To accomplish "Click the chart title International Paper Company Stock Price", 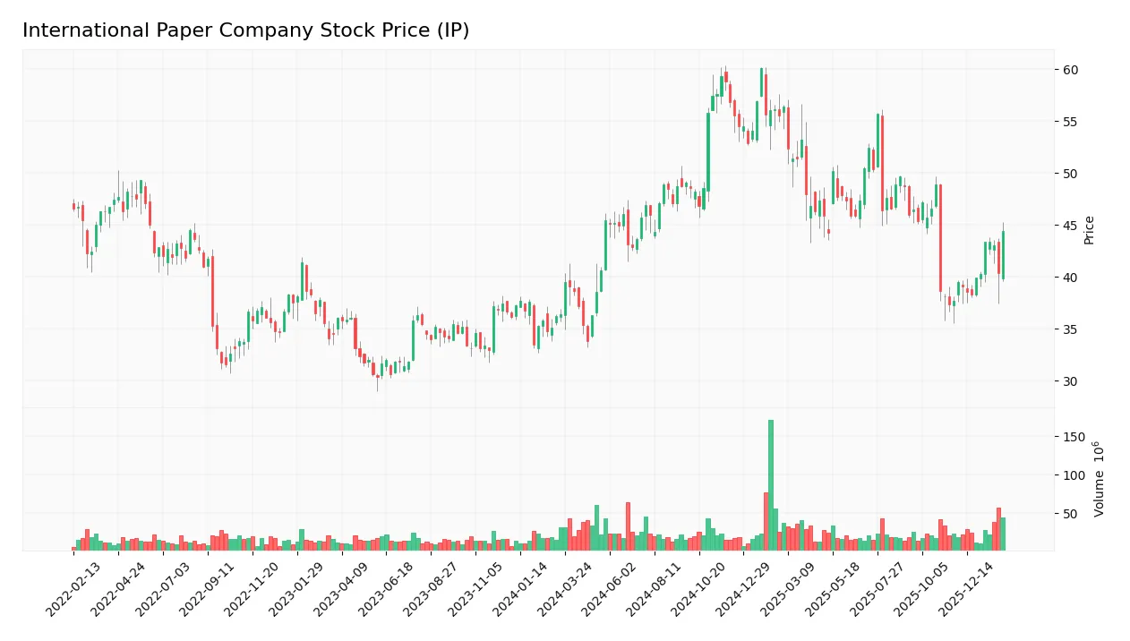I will (x=245, y=30).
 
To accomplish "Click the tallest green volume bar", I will (x=770, y=484).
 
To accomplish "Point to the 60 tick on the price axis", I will (x=1070, y=70).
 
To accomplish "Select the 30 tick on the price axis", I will (x=1070, y=381).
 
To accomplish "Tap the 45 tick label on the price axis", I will (x=1070, y=226).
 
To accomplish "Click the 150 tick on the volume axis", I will (x=1074, y=437).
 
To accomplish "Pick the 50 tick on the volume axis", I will (x=1070, y=514).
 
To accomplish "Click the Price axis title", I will (x=1089, y=230).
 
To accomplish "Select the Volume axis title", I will (x=1098, y=479).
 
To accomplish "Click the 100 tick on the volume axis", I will (x=1074, y=475).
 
